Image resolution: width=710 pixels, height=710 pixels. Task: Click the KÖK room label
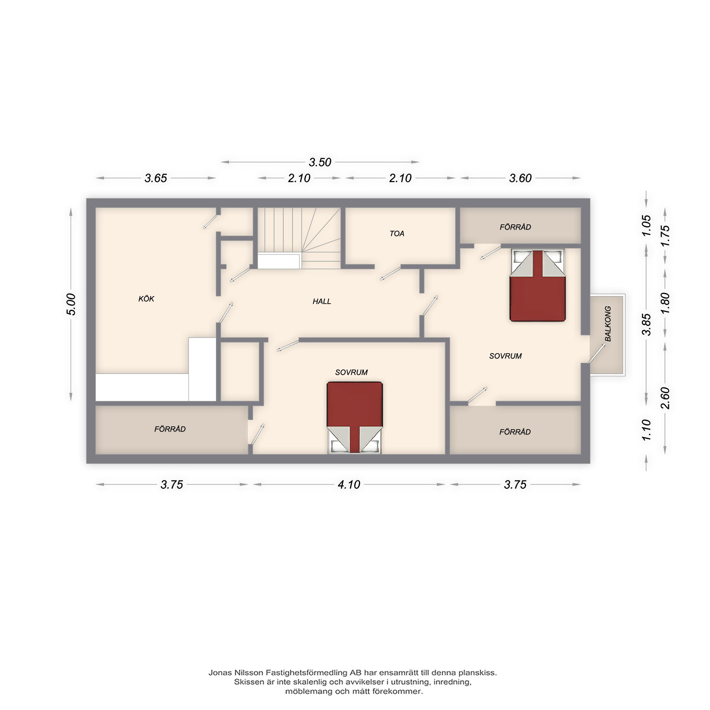tap(146, 299)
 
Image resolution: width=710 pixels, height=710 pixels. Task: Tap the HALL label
tap(322, 301)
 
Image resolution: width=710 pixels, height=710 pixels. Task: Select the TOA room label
tap(397, 233)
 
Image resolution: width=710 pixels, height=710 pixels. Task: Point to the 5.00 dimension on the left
tap(71, 304)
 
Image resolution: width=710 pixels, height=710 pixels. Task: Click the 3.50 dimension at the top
tap(320, 162)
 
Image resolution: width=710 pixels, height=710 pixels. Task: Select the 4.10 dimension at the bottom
tap(349, 484)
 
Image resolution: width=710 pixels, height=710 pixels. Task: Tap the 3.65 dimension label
tap(156, 178)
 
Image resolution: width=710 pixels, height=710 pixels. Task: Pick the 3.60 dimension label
tap(520, 178)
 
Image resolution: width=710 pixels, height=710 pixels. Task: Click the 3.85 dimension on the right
tap(646, 325)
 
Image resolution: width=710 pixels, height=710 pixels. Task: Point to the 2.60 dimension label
tap(665, 398)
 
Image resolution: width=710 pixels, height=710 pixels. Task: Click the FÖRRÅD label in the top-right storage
tap(515, 227)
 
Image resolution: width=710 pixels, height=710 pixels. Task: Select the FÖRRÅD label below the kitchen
tap(170, 429)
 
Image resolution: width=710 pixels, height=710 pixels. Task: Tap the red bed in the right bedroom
tap(537, 285)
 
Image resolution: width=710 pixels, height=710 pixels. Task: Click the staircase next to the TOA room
tap(299, 238)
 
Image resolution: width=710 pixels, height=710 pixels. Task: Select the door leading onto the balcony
tap(597, 353)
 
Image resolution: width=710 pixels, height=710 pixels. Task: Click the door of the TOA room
tap(390, 274)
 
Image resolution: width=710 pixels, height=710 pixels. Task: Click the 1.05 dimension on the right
tap(646, 226)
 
